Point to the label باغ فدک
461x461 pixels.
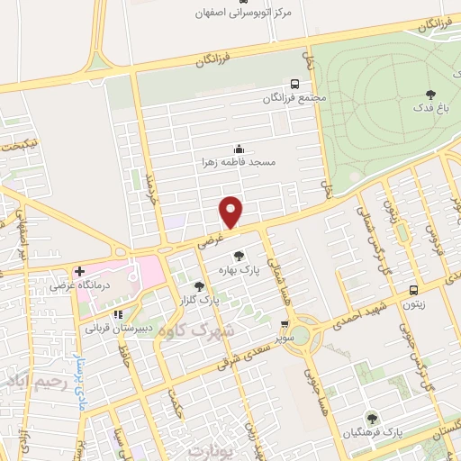tap(429, 107)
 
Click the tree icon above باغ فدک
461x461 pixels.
tap(429, 94)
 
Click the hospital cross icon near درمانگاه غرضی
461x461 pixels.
tap(80, 270)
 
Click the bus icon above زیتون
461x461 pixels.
tap(413, 290)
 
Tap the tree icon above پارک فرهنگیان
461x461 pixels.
tap(371, 418)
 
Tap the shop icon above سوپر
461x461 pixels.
tap(285, 325)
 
